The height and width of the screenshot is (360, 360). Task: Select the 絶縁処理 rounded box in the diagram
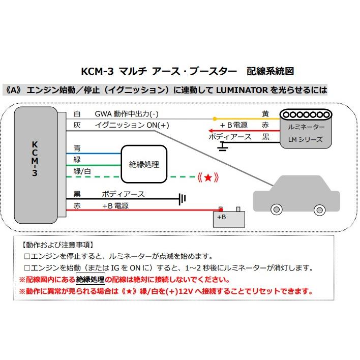[x=144, y=164]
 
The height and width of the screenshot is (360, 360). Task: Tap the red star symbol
[x=208, y=177]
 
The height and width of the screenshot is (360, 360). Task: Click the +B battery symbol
[x=226, y=217]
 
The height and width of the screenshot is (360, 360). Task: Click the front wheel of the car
[x=277, y=209]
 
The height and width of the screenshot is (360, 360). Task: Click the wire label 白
[x=77, y=114]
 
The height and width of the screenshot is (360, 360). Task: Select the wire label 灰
[x=77, y=125]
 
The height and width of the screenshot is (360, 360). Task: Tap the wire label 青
[x=77, y=148]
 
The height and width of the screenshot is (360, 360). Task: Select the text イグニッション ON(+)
[x=132, y=125]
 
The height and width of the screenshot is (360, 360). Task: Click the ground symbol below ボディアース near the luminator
[x=222, y=147]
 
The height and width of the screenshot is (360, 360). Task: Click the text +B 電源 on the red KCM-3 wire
[x=115, y=206]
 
